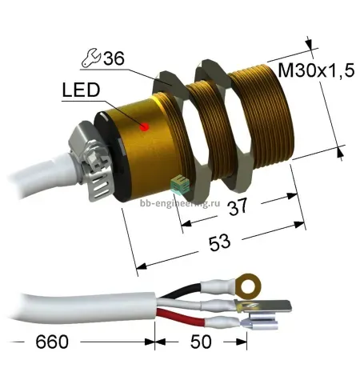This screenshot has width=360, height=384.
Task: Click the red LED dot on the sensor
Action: [x=145, y=127]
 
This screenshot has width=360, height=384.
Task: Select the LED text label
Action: [x=81, y=90]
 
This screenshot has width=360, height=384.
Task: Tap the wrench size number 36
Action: [x=114, y=58]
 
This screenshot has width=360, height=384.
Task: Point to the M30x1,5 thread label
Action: [x=316, y=71]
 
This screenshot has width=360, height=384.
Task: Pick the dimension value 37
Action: [x=238, y=206]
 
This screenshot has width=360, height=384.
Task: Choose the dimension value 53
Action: [x=219, y=242]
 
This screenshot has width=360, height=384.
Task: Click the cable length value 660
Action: [x=52, y=342]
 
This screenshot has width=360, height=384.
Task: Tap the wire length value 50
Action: [x=201, y=342]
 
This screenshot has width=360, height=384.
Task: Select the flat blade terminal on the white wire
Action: [x=262, y=306]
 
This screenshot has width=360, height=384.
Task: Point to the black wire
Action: [x=182, y=290]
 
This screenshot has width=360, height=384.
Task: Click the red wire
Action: [x=181, y=316]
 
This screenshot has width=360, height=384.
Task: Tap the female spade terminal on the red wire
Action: [x=259, y=321]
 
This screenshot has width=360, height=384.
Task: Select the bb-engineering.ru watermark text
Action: [x=180, y=203]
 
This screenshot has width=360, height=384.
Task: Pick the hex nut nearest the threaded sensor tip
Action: [x=222, y=126]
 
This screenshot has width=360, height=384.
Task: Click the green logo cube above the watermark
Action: [x=180, y=185]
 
